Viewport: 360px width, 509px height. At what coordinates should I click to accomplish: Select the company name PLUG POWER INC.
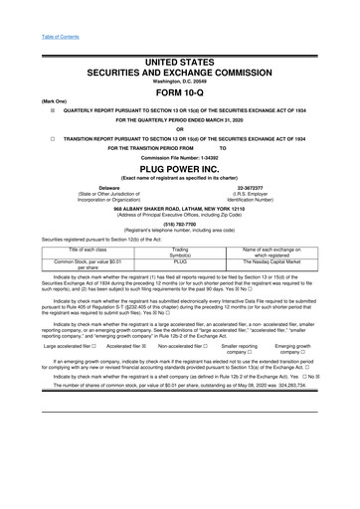pos(180,170)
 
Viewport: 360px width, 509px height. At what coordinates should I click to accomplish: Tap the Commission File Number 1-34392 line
pos(180,158)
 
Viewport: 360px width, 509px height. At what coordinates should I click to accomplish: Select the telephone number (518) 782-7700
pos(180,225)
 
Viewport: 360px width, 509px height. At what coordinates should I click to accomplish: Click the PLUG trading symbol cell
pos(180,262)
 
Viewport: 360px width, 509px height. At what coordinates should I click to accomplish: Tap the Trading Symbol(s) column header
pos(180,251)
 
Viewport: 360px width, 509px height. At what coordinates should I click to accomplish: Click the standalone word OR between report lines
pos(180,129)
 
